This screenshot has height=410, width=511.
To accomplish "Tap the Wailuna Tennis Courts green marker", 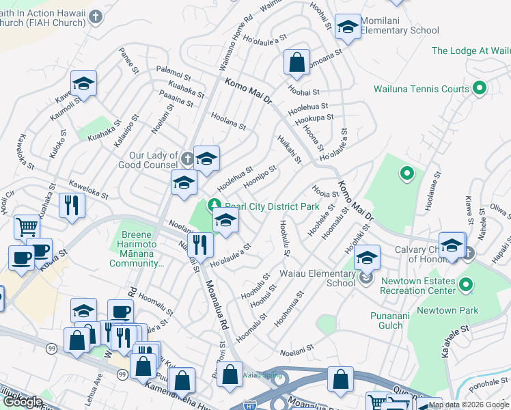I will click(479, 88).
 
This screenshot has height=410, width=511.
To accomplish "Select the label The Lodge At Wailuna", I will click(471, 51).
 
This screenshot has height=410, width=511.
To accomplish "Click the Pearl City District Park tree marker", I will click(215, 204).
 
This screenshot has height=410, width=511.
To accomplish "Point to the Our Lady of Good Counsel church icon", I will click(189, 160).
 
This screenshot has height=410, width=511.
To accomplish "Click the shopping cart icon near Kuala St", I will click(27, 226).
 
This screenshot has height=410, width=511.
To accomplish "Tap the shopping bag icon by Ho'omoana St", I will click(297, 63).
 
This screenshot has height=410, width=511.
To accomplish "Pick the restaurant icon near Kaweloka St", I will click(71, 205).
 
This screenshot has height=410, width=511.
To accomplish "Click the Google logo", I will click(22, 402).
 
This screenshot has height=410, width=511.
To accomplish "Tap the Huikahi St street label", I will click(290, 149).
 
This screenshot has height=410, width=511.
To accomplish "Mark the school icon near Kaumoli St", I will click(83, 83).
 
